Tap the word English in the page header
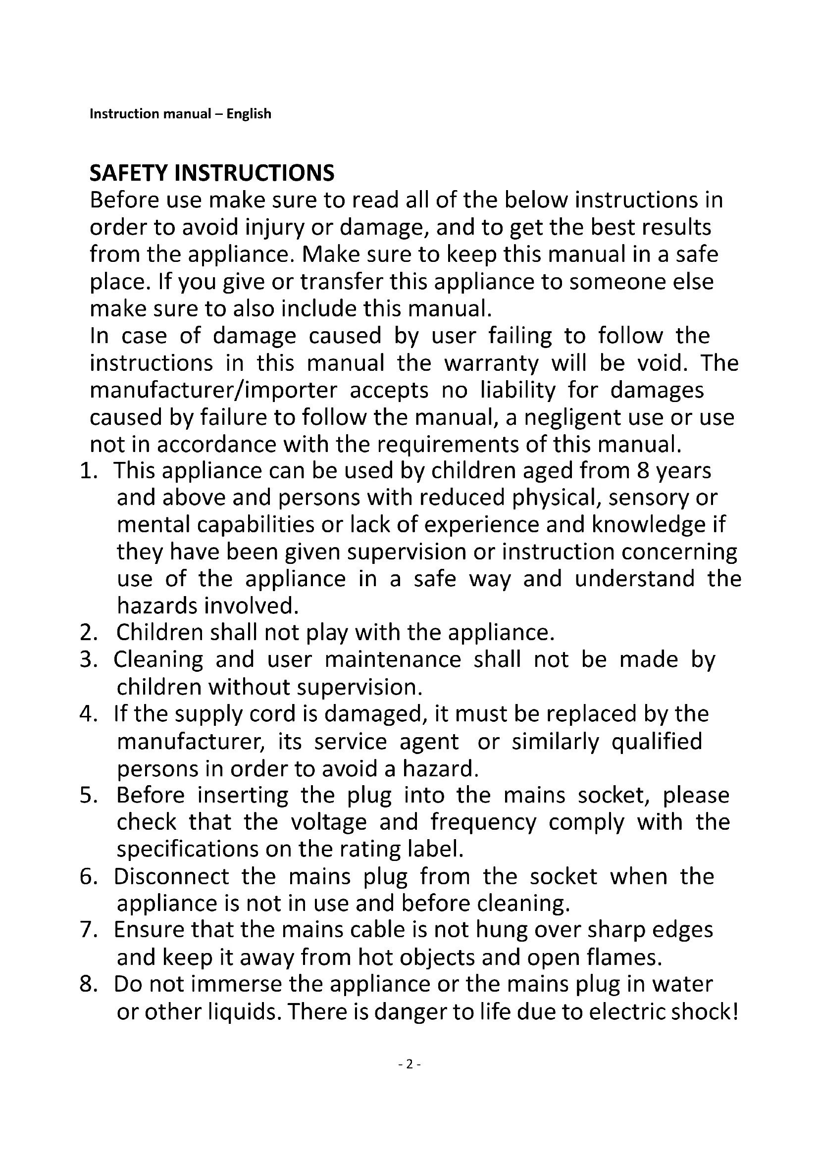click(249, 114)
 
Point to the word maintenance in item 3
click(392, 660)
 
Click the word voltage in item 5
click(329, 823)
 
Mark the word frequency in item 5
click(483, 823)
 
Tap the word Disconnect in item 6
click(171, 877)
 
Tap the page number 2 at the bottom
click(409, 1064)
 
